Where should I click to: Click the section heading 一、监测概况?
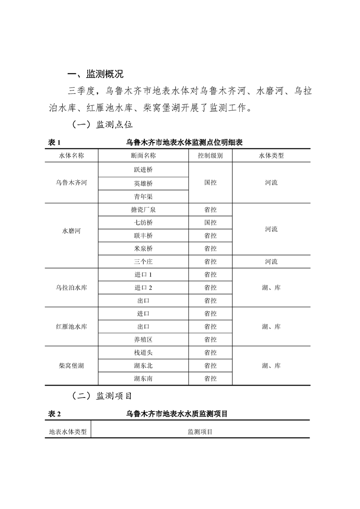(95, 74)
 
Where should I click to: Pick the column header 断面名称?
(143, 156)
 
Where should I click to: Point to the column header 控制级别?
(210, 156)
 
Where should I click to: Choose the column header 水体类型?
(271, 156)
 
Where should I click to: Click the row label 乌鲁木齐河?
(71, 183)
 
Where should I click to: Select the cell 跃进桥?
(143, 170)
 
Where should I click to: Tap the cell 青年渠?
(143, 196)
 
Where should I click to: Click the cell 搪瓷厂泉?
(143, 210)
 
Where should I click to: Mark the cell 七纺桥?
(143, 223)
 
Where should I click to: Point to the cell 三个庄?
(143, 262)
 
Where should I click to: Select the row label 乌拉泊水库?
(71, 288)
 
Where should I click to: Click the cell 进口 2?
(143, 288)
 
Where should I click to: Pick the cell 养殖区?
(143, 340)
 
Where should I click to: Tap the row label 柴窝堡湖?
(71, 366)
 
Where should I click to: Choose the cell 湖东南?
(143, 379)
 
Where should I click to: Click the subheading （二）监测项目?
(102, 396)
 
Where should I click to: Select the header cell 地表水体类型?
(68, 432)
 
